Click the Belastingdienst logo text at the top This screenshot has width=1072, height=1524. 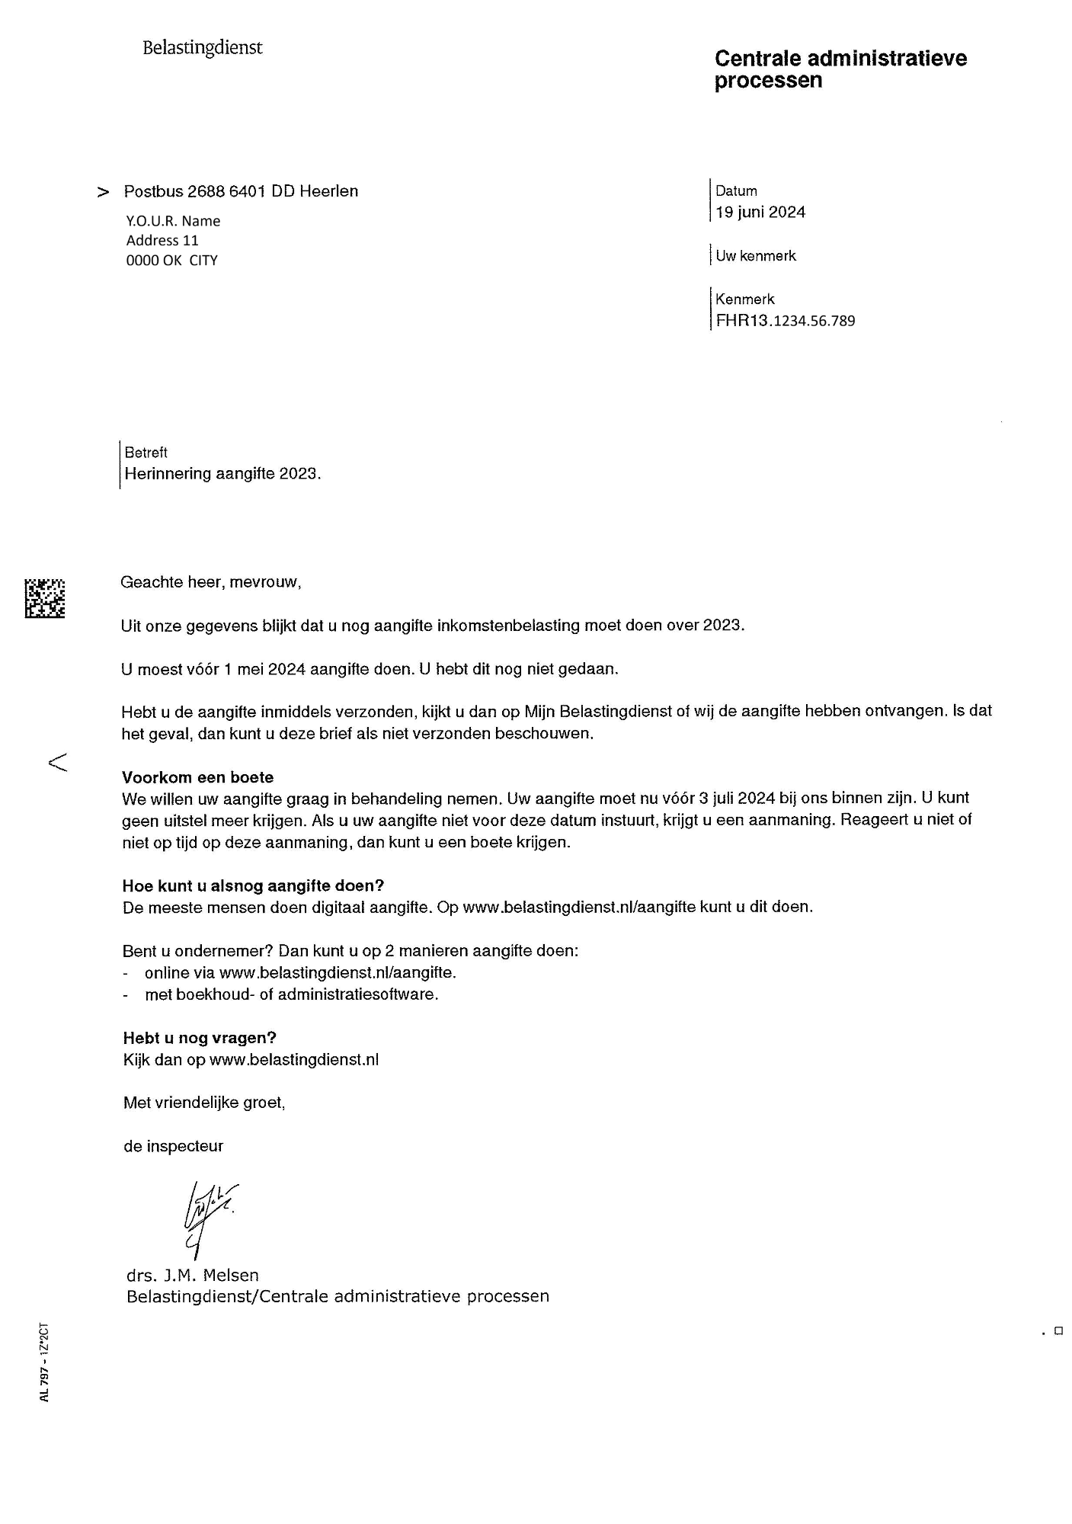(202, 48)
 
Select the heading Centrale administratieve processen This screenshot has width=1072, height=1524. (840, 69)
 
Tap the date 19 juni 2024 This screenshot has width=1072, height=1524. (760, 213)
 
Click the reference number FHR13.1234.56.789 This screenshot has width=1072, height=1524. (785, 321)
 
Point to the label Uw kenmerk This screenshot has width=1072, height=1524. (755, 256)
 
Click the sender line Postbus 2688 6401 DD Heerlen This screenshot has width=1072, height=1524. (241, 191)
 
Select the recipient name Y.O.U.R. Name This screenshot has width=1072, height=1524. (173, 222)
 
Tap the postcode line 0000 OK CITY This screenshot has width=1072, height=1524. (171, 261)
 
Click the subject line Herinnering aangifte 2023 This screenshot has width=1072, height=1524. (222, 474)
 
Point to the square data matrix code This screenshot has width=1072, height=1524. (45, 598)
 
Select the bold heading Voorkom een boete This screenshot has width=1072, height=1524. (197, 778)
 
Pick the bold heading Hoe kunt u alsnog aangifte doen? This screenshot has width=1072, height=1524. (253, 886)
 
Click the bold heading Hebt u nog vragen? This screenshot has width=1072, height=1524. (200, 1038)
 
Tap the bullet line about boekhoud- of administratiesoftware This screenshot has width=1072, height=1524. (291, 994)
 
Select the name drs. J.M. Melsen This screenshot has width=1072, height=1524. (193, 1275)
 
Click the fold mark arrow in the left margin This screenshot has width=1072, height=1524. (58, 761)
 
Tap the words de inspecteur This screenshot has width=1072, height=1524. (173, 1146)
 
